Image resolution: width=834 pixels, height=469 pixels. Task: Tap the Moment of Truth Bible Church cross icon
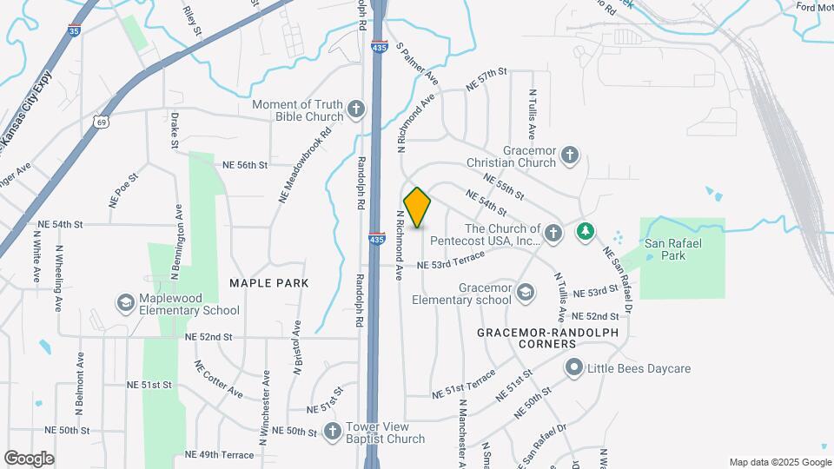(x=355, y=109)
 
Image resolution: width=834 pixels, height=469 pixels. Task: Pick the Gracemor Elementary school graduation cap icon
(x=525, y=293)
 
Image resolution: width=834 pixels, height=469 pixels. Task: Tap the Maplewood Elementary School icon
(x=126, y=302)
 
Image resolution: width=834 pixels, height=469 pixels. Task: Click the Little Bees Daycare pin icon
(x=573, y=368)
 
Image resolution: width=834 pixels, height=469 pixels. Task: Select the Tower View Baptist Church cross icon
(x=333, y=431)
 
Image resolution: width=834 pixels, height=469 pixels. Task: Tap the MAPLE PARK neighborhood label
(x=268, y=283)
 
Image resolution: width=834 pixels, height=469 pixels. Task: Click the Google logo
(x=29, y=458)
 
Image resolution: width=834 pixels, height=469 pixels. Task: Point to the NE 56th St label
(x=244, y=164)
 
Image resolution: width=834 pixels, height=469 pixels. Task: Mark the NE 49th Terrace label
(x=219, y=454)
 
